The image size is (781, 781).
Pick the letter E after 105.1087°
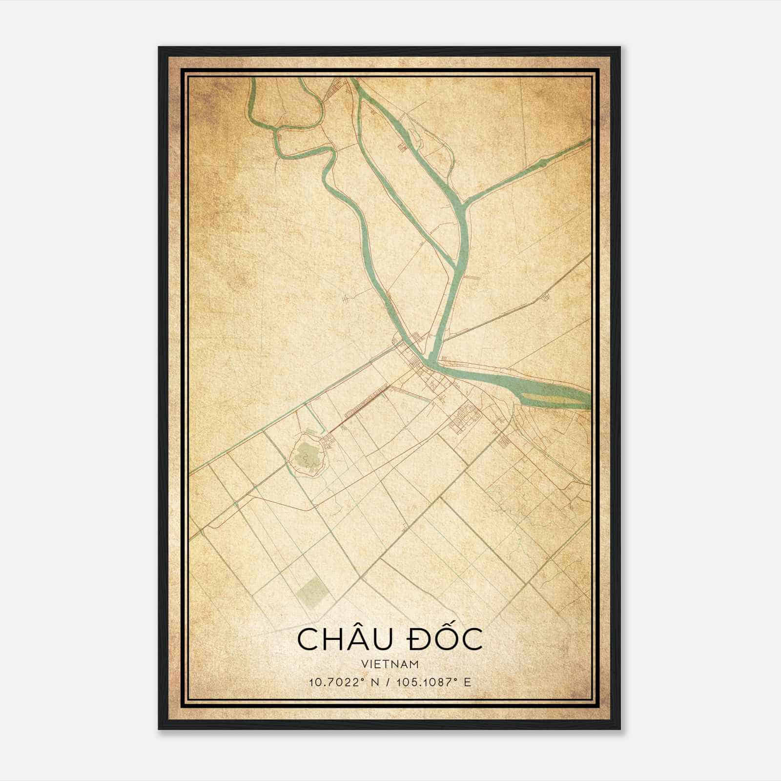(468, 682)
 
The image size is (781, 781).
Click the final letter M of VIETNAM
(415, 664)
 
